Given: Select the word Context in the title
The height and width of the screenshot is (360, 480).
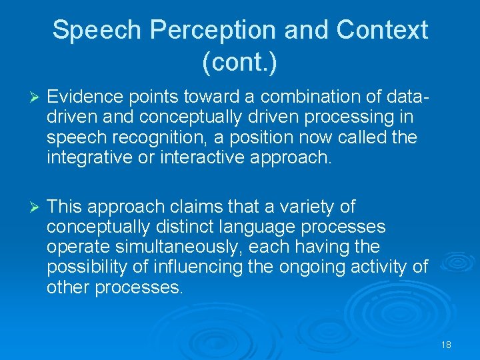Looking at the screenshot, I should click(382, 30).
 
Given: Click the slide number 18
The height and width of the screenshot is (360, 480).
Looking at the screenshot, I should click(446, 345).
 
